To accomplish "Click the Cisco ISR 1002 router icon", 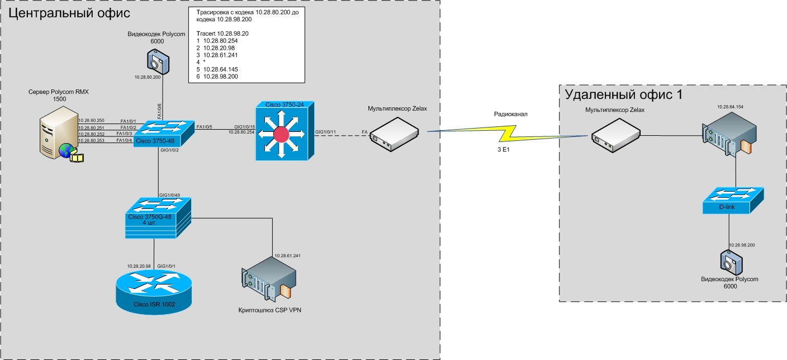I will click(150, 292).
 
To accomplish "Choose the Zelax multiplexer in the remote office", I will click(615, 138).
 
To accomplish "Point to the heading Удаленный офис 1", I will click(623, 94).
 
